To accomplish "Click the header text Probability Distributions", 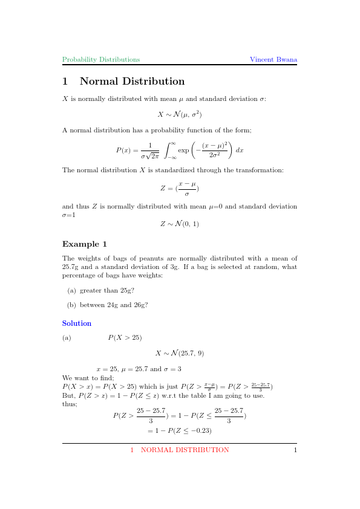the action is click(x=101, y=60).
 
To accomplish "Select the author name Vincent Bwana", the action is click(x=273, y=60).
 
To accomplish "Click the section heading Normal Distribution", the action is click(x=132, y=82).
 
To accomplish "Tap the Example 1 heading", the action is click(x=85, y=244).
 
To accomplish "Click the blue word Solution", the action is click(x=77, y=323).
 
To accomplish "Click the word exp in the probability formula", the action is click(x=183, y=149).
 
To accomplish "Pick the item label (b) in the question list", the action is click(x=71, y=305).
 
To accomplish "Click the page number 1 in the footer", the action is click(x=295, y=450).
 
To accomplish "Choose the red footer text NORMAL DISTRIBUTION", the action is click(x=185, y=450).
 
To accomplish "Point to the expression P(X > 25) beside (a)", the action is click(x=125, y=337).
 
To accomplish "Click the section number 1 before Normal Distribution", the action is click(x=65, y=82).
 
